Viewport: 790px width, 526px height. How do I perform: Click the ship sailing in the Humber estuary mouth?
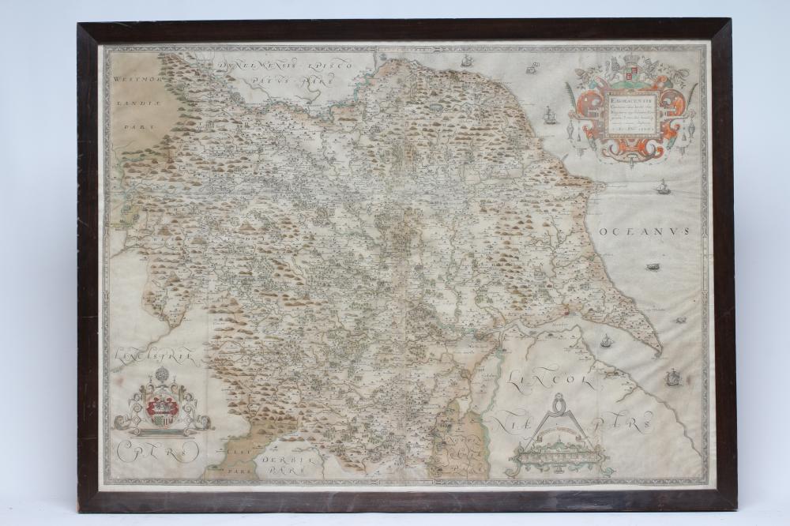point(607,341)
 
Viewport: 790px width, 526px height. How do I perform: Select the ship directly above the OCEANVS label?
point(662,188)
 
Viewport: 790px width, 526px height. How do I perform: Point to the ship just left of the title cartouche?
point(551,114)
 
